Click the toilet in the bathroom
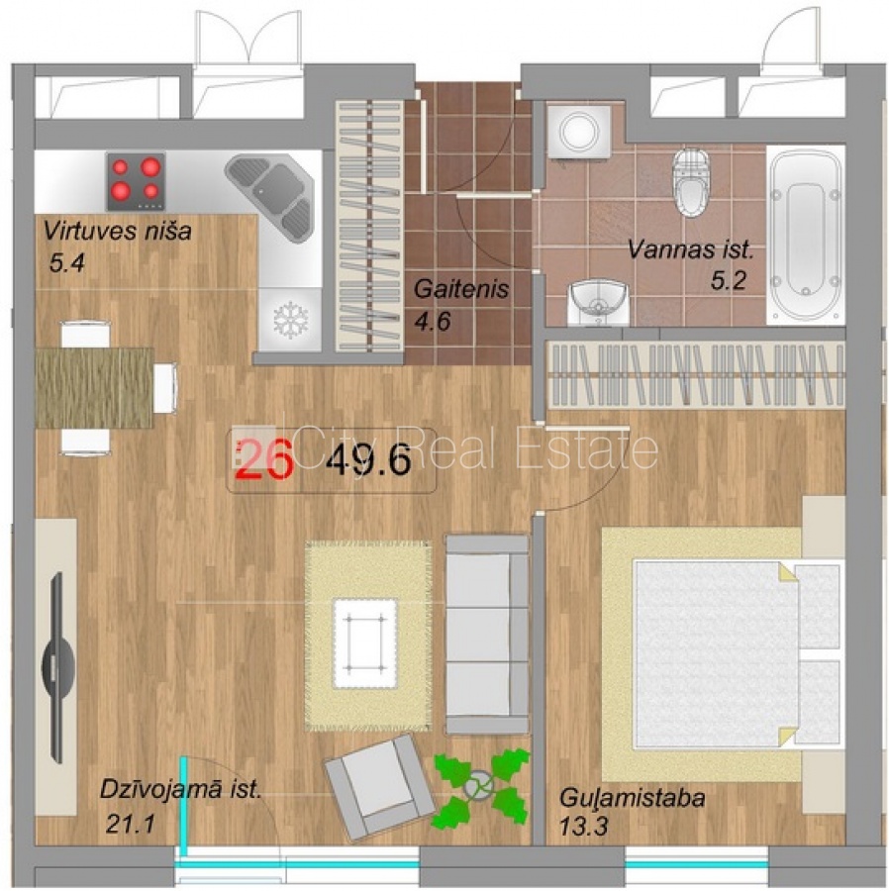[x=690, y=182]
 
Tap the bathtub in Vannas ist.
[x=805, y=235]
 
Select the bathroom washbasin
[x=598, y=302]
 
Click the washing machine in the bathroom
[x=579, y=132]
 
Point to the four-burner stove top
[x=136, y=181]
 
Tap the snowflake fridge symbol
[x=290, y=320]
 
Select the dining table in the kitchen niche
[x=94, y=387]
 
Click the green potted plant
[x=482, y=786]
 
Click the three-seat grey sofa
[x=487, y=635]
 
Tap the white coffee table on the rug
[x=365, y=643]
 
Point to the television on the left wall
[x=57, y=666]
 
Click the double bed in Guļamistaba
[x=737, y=653]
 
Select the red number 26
[x=264, y=459]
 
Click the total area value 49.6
[x=368, y=459]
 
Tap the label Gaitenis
[x=460, y=289]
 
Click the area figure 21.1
[x=130, y=824]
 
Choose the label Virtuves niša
[x=118, y=232]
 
